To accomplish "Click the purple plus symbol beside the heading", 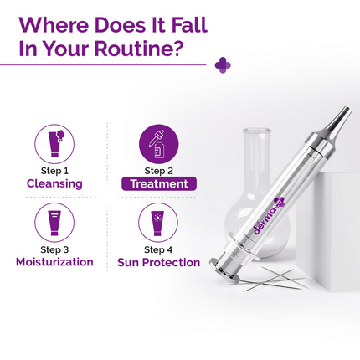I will [x=223, y=64].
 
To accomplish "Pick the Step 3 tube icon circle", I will [x=54, y=221].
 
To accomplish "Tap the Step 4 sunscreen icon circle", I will [x=158, y=221].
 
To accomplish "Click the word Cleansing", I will [x=54, y=183].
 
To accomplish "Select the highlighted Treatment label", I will [x=158, y=183].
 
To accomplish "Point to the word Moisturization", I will [x=54, y=262].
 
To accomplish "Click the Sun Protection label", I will [x=159, y=262].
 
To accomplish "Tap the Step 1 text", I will [x=54, y=170].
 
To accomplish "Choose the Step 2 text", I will [x=158, y=170].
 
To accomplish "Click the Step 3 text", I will [x=54, y=249].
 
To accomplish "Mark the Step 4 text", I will [x=158, y=249].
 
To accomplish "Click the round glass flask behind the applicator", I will [x=255, y=180].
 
